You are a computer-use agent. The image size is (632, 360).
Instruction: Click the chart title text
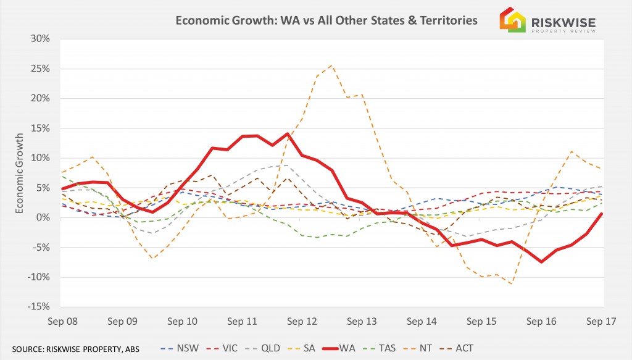click(326, 20)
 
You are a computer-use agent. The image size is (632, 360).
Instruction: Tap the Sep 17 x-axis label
click(602, 321)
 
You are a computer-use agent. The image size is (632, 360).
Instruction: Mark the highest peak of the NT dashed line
click(331, 65)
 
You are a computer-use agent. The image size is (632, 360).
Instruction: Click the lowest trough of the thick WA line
click(541, 262)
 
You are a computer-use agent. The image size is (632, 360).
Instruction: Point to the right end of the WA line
click(602, 214)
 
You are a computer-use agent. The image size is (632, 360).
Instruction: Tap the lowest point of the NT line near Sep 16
click(512, 283)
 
